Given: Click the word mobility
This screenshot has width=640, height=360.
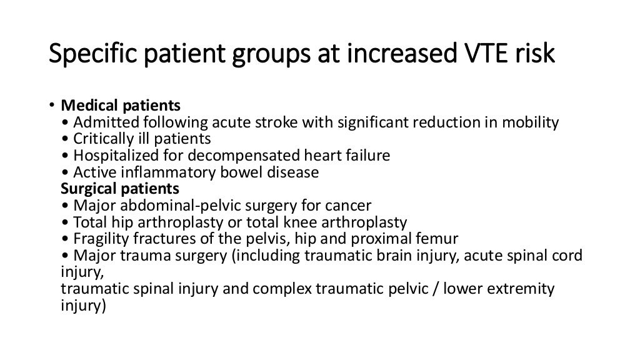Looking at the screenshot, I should tap(531, 122).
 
